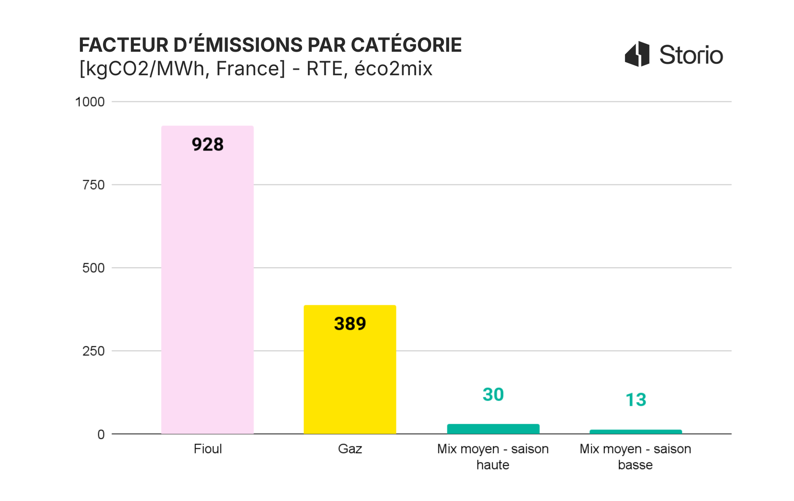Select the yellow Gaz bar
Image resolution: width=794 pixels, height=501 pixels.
pos(350,379)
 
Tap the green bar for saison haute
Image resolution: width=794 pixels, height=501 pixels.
pos(493,429)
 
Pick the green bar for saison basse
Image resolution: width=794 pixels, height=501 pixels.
pos(635,432)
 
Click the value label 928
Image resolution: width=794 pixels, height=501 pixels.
pos(207,144)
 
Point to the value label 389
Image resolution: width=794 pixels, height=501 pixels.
pos(350,324)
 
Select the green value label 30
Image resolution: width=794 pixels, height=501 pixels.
pos(493,394)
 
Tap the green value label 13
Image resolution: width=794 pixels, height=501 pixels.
pos(635,400)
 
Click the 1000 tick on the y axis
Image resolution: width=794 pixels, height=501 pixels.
pos(90,102)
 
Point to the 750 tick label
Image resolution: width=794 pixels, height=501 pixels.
pos(93,185)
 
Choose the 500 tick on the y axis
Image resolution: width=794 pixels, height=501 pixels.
pos(93,268)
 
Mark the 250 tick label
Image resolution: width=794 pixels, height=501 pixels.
pos(93,351)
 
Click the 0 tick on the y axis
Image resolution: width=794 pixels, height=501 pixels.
pos(101,434)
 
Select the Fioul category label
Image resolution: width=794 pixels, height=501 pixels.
pos(207,449)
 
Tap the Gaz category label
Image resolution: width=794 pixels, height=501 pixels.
pos(350,449)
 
